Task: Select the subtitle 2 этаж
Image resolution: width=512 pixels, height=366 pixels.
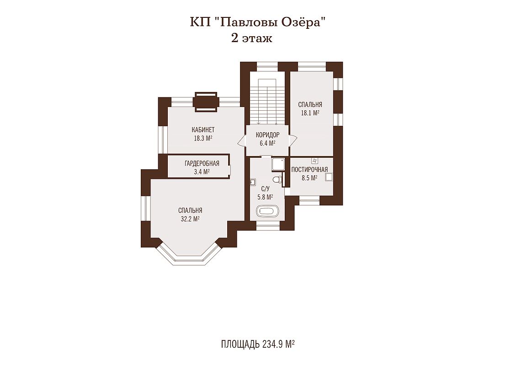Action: (251, 38)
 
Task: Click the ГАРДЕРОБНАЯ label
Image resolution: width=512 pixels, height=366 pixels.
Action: (202, 163)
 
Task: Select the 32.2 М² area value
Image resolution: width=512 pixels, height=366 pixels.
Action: (190, 219)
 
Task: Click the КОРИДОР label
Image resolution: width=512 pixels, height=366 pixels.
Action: (267, 135)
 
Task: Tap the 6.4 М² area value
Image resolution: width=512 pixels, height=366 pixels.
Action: (267, 143)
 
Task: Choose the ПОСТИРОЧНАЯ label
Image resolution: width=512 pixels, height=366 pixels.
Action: (309, 170)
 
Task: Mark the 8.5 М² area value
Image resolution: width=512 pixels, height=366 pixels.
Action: (309, 178)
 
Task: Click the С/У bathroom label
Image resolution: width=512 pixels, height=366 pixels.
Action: (265, 188)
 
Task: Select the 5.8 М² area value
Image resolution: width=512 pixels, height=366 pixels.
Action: (265, 197)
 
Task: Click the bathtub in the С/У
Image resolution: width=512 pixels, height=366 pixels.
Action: (267, 211)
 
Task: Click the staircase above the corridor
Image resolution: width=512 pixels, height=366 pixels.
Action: (267, 98)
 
